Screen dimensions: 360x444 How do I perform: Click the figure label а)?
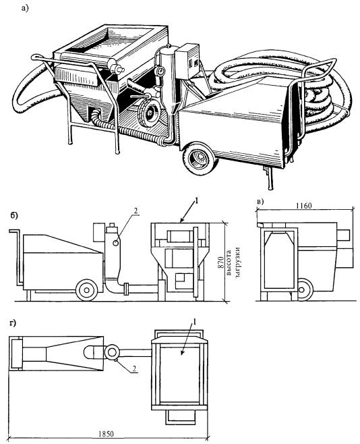25,8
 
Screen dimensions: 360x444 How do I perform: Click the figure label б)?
14,215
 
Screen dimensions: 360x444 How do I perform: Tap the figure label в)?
260,202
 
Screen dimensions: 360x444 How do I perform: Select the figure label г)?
13,323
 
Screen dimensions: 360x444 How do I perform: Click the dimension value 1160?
304,205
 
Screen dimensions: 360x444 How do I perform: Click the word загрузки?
237,264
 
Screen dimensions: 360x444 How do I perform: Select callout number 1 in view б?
196,201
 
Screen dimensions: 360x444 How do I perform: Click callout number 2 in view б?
136,211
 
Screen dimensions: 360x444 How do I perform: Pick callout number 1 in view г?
194,322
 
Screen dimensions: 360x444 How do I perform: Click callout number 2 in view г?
134,368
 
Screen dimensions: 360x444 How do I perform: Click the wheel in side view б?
87,290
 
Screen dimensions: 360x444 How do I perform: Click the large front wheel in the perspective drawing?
200,158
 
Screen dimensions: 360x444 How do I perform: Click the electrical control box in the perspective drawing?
187,61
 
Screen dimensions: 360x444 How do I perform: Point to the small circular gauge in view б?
115,243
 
